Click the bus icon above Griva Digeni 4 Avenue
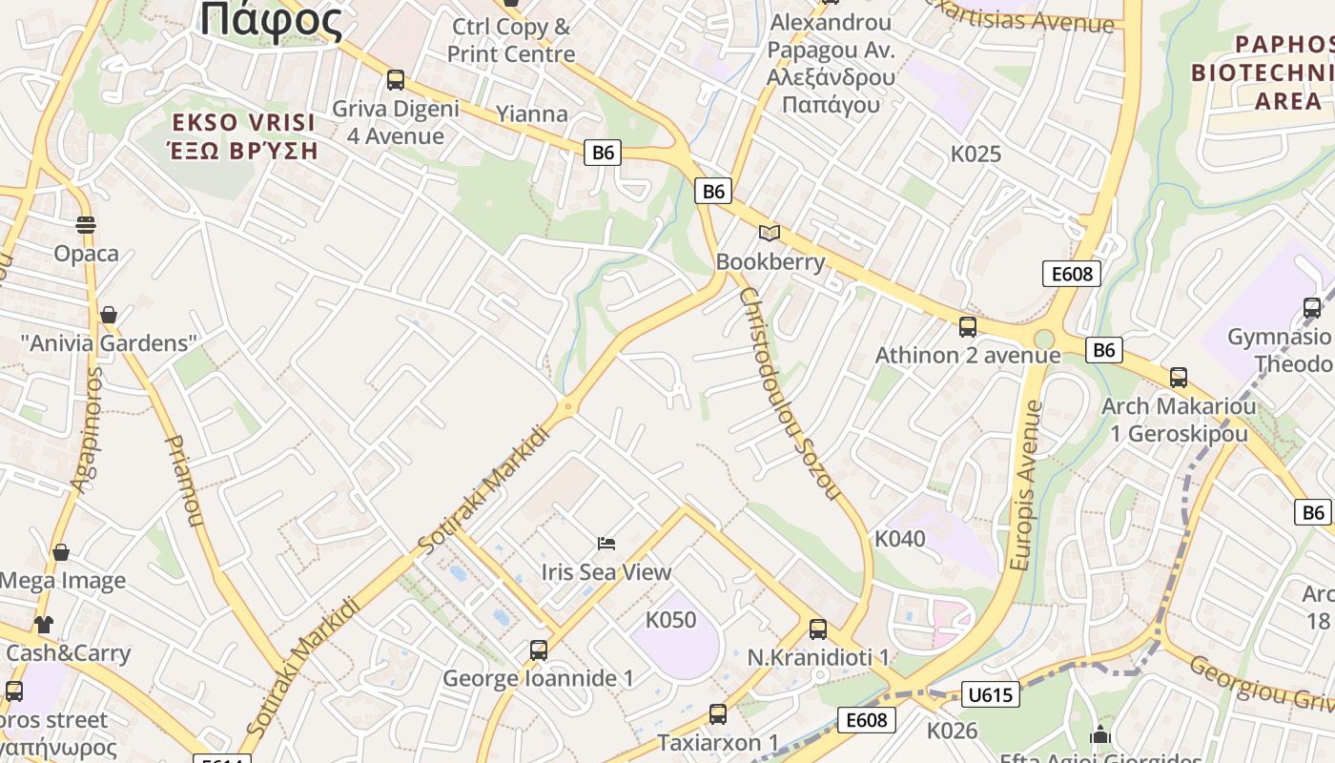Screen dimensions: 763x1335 (x=396, y=80)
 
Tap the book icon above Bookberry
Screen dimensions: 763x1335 (x=770, y=233)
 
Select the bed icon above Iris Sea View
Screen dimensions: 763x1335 (x=606, y=544)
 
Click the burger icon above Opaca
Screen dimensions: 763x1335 (x=86, y=225)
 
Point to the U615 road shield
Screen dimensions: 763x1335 (x=990, y=694)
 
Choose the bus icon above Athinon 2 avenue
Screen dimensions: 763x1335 (x=968, y=327)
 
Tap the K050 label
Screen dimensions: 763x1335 (x=671, y=620)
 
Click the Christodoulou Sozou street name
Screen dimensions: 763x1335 (x=789, y=393)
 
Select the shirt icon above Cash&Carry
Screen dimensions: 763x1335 (x=44, y=626)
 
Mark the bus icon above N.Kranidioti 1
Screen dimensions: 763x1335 (x=818, y=629)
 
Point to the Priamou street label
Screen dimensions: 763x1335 (x=185, y=482)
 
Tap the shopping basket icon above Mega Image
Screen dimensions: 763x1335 (x=61, y=552)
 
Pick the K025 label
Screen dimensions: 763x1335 (x=976, y=154)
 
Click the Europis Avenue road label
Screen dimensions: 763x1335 (x=1027, y=485)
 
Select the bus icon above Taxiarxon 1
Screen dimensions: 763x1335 (x=718, y=714)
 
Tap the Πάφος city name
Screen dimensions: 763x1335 (x=271, y=21)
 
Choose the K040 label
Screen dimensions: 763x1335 (x=900, y=539)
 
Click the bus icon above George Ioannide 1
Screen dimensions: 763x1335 (x=539, y=650)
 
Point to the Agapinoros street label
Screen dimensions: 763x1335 (x=85, y=430)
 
